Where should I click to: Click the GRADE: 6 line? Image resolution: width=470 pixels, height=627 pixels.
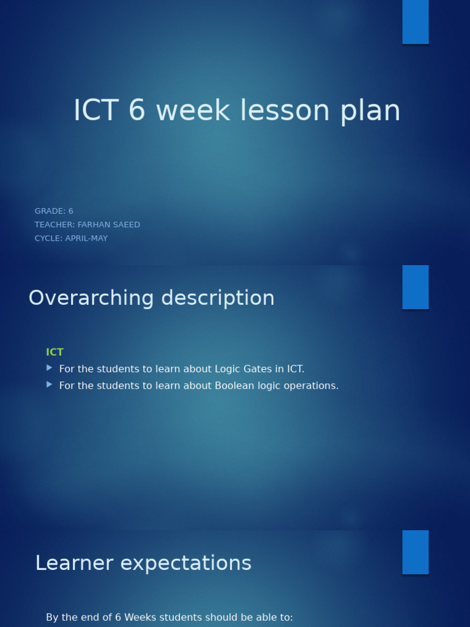[54, 211]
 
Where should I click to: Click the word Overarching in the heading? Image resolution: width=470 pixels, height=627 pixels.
[91, 298]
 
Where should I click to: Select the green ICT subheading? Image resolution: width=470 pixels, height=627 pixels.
[54, 352]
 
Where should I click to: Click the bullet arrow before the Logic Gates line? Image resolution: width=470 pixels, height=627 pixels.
[50, 368]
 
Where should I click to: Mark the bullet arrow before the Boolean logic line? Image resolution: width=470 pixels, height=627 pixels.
[50, 385]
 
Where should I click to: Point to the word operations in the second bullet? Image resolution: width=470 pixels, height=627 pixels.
[311, 386]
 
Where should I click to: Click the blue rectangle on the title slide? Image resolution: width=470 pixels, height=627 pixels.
[415, 22]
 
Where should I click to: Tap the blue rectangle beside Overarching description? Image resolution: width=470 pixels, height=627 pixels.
[415, 287]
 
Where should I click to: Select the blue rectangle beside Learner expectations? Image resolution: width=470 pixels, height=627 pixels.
[415, 552]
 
